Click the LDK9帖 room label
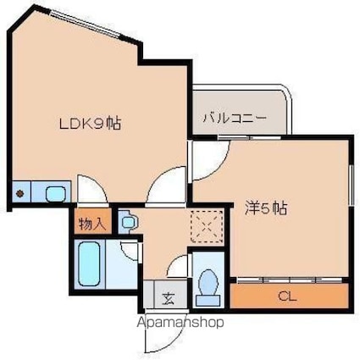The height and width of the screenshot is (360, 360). (89, 123)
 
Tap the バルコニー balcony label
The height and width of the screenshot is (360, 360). (234, 119)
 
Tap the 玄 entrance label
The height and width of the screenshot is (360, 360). (168, 297)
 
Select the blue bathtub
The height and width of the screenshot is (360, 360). (89, 265)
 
